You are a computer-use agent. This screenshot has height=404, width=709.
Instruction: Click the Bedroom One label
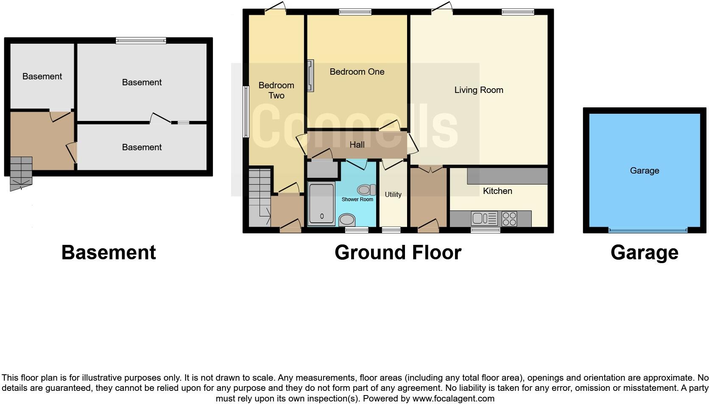(357, 72)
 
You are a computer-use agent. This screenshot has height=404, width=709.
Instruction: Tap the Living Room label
(479, 90)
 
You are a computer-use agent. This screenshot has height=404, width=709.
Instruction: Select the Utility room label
(393, 194)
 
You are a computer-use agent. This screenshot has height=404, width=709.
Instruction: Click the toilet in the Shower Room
(366, 190)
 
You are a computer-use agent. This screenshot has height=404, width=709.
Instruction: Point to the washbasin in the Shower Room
(347, 220)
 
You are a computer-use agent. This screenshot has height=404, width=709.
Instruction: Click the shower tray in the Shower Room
(321, 204)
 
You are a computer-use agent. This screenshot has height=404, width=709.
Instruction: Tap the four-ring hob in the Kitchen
(509, 219)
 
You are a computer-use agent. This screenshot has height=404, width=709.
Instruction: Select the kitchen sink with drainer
(484, 218)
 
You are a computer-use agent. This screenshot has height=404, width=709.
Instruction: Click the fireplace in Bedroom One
(310, 76)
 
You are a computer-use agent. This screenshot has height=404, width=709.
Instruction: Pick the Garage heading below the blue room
(645, 253)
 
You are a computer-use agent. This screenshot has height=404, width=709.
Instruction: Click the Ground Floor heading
(398, 252)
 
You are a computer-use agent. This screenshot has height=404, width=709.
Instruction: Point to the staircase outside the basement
(21, 173)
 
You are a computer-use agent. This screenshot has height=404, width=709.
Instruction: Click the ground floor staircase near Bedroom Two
(260, 198)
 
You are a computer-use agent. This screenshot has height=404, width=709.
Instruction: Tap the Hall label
(357, 145)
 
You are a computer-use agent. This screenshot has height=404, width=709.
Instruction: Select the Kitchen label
(497, 191)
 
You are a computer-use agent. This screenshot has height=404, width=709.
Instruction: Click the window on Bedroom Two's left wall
(246, 112)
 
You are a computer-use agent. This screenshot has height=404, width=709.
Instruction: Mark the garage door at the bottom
(648, 230)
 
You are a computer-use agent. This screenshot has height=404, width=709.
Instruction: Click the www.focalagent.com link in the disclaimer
(453, 398)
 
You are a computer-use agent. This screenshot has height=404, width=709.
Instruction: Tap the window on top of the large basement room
(141, 40)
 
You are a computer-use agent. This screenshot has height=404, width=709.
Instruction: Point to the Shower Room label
(357, 199)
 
